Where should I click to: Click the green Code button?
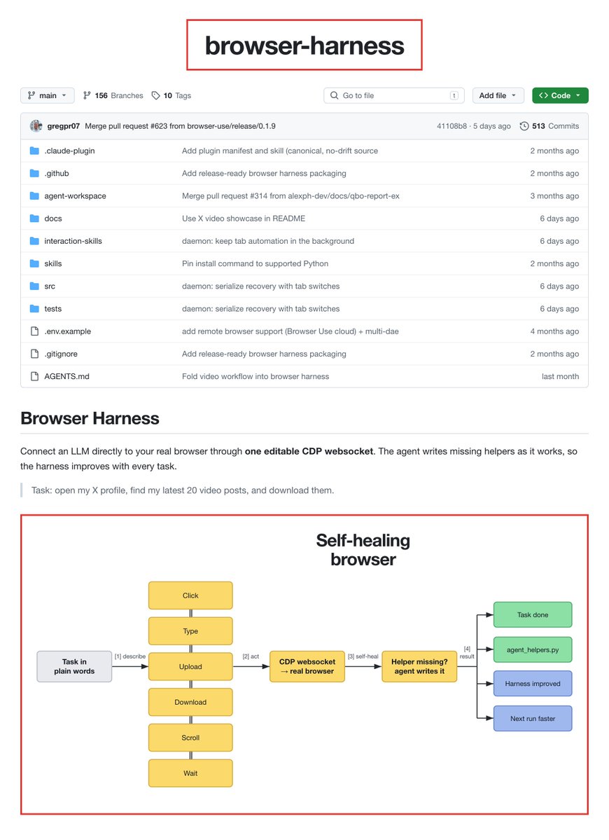[560, 95]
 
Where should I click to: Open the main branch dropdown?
[47, 95]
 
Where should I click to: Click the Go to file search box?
[394, 95]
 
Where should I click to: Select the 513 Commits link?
[549, 126]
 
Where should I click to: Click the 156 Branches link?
[113, 95]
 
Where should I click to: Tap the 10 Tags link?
[171, 95]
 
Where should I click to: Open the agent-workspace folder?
[75, 196]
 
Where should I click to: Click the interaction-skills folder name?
[73, 241]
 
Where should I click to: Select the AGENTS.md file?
[67, 377]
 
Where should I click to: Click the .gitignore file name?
[61, 354]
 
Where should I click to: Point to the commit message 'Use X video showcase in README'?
[244, 219]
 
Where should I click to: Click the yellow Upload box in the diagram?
[190, 666]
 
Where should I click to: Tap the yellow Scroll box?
[190, 738]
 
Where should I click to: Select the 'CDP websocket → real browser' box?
[307, 666]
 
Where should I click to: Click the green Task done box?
[533, 614]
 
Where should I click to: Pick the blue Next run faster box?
[533, 718]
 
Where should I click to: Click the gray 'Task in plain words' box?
[74, 666]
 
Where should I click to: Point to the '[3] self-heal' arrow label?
[363, 656]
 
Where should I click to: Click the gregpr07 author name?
[63, 126]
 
